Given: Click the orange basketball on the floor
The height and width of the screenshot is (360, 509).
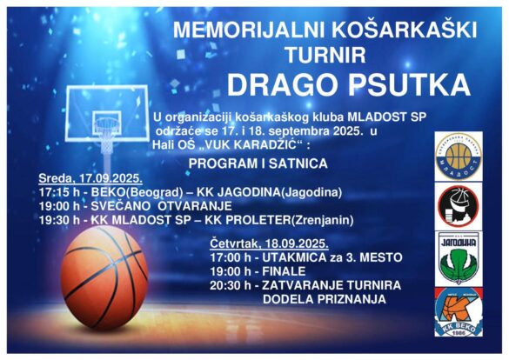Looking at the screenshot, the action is (104, 277).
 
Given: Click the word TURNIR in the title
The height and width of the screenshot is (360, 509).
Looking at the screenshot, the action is (325, 55).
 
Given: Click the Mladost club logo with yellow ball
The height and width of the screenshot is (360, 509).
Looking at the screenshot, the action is (459, 156).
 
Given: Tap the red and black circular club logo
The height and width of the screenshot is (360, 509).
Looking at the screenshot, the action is (458, 206).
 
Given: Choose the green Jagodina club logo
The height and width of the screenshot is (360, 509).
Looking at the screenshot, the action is (458, 258).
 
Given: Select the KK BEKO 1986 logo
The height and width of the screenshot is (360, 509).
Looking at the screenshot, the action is (459, 312).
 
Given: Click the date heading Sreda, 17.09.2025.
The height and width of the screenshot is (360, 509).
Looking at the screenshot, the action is (90, 178).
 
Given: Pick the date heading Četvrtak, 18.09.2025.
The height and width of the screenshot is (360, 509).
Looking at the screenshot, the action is (269, 243).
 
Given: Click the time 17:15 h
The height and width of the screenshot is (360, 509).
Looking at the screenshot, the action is (59, 192).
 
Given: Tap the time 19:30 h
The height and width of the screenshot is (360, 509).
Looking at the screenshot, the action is (59, 220).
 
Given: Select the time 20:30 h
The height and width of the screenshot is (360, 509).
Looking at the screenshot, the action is (231, 285).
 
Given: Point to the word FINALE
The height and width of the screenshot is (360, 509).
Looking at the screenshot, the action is (284, 271).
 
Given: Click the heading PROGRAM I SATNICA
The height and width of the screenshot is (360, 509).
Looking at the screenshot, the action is (258, 163).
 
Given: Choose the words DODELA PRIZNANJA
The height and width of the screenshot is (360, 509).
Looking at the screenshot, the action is (325, 299).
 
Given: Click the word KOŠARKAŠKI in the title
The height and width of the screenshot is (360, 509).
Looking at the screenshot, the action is (404, 30).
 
